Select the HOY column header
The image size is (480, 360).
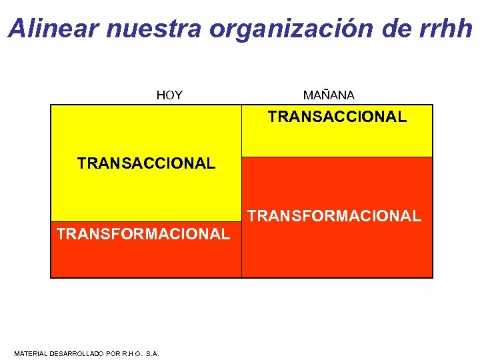point(169,95)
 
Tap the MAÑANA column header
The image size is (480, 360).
point(329,95)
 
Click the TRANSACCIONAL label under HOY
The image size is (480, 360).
point(146,163)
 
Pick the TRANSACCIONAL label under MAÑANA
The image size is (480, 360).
point(337,117)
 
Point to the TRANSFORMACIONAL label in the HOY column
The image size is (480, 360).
point(143,234)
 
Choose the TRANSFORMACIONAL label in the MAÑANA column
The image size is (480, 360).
point(335,216)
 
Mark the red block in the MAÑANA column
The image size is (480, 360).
point(337,253)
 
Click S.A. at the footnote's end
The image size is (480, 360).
point(153,353)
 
